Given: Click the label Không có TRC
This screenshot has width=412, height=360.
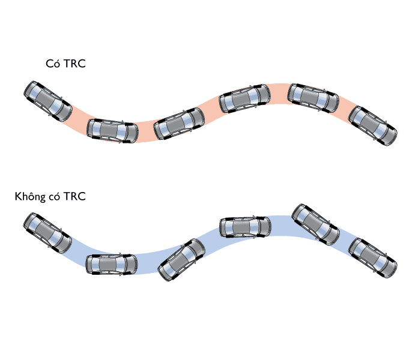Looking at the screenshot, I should coord(51,196).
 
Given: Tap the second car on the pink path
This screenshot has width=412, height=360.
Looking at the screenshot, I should coord(112,130).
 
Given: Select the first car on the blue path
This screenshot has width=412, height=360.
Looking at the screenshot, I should coord(44,233).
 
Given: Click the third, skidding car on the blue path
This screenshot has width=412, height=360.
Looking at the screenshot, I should coord(180,260).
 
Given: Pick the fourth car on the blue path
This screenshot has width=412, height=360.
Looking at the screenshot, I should coord(244,226).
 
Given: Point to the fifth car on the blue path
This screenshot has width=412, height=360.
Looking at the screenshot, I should coord(315,224).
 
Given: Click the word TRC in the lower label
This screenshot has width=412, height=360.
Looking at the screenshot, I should coord(76,196).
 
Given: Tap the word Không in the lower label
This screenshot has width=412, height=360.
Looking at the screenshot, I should coord(28,196).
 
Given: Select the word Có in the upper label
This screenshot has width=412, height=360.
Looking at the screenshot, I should coord(52,64).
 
